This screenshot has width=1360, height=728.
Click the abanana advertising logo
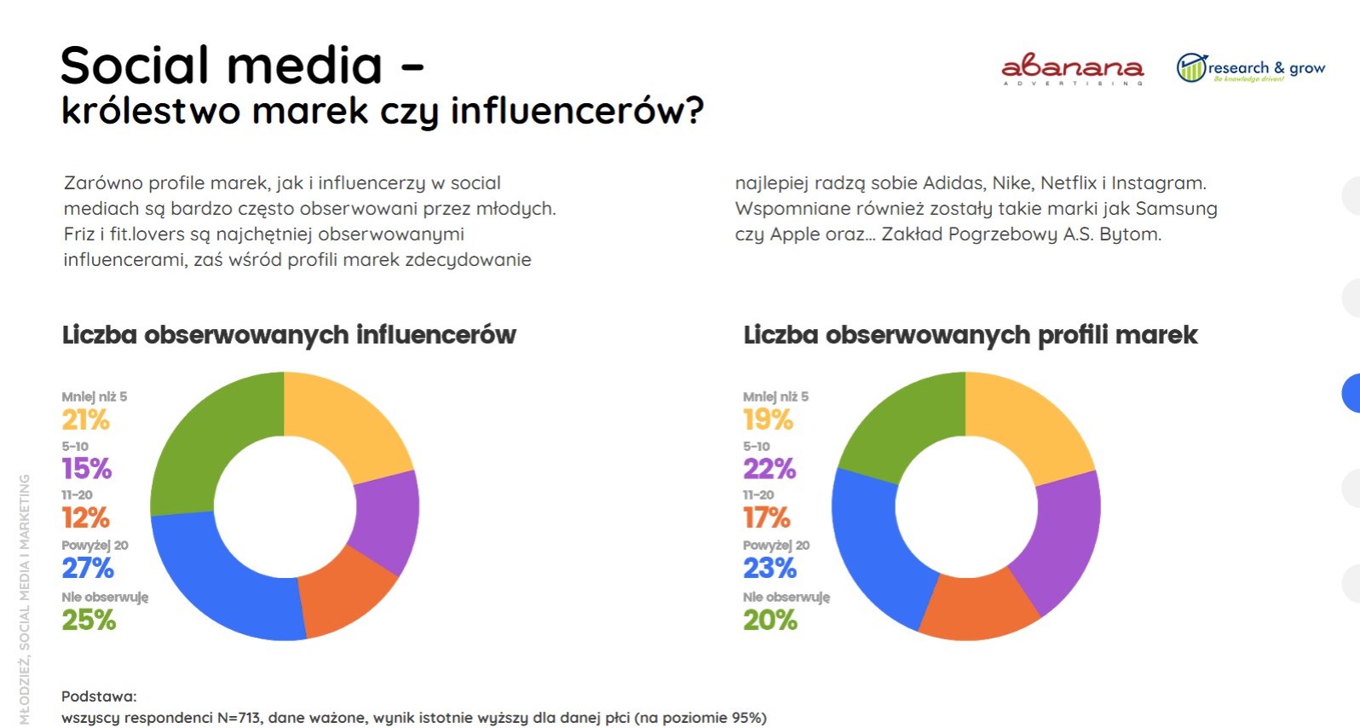[x=1072, y=69]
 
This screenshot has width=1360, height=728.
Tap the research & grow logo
[x=1250, y=68]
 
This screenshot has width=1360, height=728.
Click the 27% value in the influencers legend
[x=88, y=568]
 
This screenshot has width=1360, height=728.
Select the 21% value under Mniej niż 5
[x=85, y=419]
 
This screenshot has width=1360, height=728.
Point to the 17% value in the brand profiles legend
[x=767, y=517]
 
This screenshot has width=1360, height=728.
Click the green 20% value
[x=769, y=620]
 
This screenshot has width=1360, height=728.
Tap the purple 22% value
[x=769, y=468]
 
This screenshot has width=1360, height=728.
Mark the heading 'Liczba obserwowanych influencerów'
[x=289, y=335]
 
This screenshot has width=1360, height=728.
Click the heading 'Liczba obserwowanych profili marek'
[x=970, y=335]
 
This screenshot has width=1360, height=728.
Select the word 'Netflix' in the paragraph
[x=1069, y=183]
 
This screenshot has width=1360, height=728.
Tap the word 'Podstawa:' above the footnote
[x=99, y=696]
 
